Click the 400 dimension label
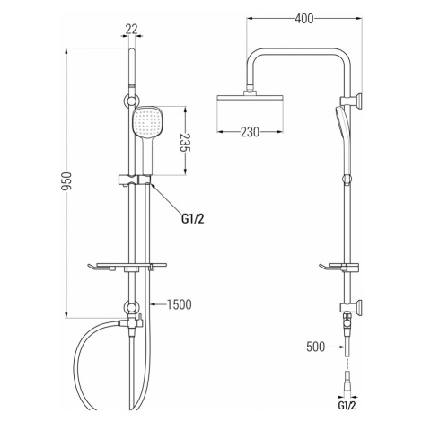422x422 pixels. (304, 19)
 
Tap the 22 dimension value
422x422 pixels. (131, 30)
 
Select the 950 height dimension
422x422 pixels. (66, 181)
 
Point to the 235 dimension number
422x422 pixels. (185, 143)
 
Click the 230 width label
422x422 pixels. (250, 132)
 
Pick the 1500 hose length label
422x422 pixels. (179, 304)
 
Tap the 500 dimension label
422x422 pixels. (315, 347)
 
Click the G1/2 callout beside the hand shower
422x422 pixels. (193, 219)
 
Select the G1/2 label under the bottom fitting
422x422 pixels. (347, 406)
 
